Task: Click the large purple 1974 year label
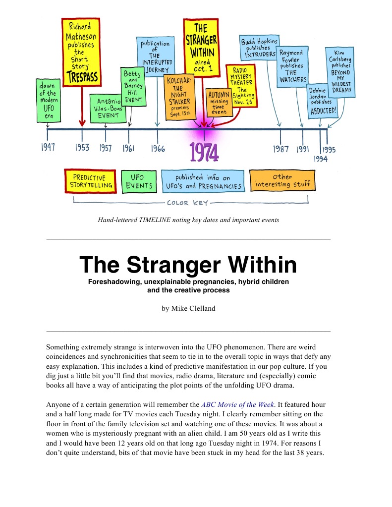click(x=204, y=152)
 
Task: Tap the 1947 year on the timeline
click(x=48, y=147)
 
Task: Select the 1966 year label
click(x=158, y=148)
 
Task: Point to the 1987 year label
click(x=281, y=149)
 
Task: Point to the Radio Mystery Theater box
click(x=241, y=86)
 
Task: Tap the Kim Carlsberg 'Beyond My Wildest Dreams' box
click(x=339, y=72)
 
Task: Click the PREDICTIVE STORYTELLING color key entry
click(x=90, y=181)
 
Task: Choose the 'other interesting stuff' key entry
click(x=282, y=181)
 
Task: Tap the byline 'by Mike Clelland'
click(x=188, y=308)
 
